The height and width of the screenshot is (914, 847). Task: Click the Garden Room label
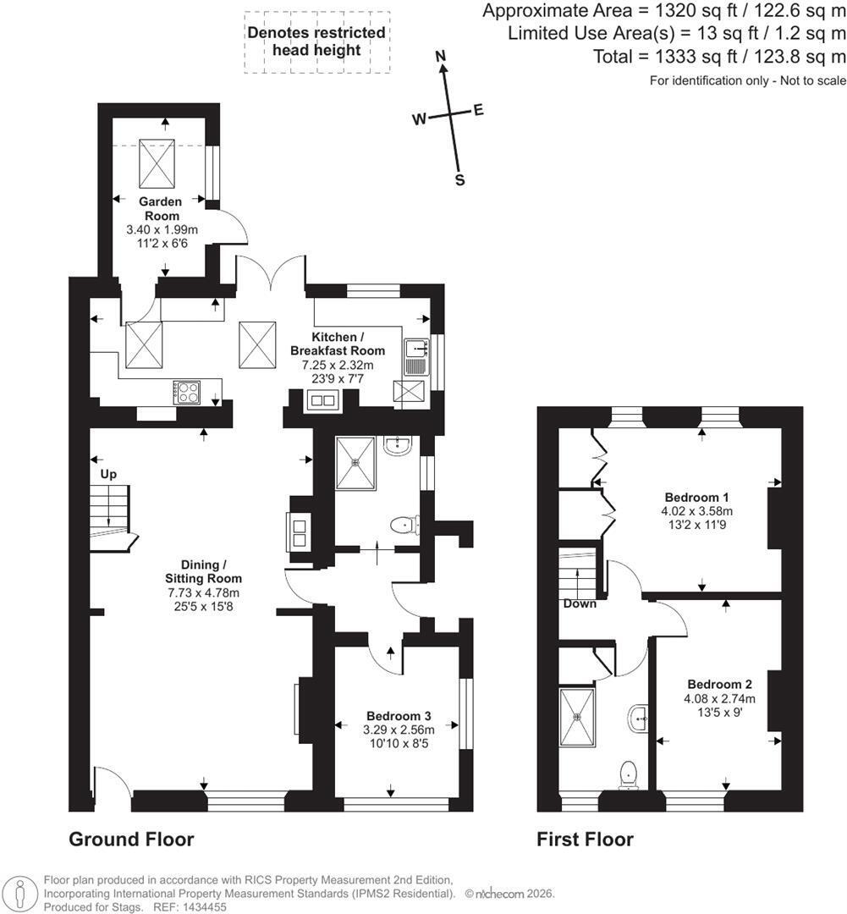161,209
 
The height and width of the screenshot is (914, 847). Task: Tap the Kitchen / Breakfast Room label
338,344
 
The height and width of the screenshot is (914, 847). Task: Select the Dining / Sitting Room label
203,572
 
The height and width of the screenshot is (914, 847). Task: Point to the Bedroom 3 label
399,716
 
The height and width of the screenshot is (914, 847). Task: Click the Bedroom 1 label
696,498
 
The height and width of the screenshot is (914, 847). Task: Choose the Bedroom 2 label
720,685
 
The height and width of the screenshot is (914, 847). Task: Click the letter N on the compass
442,56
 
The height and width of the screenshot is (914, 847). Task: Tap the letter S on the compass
460,180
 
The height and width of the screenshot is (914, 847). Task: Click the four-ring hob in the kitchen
186,393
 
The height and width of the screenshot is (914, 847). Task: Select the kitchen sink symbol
417,357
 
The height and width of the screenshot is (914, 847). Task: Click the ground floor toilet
404,525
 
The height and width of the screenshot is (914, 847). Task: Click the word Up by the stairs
108,475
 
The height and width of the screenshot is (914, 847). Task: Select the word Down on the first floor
580,604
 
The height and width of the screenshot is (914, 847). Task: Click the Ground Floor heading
131,840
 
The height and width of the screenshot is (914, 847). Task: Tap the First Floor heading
585,840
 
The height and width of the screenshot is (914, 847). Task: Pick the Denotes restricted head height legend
316,41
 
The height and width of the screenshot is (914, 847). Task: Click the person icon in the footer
20,893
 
